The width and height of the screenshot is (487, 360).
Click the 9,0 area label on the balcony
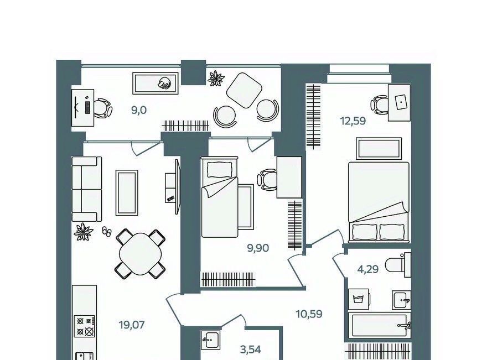coord(138,110)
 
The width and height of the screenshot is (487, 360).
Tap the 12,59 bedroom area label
coord(353,121)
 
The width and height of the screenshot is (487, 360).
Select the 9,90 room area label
coord(258,248)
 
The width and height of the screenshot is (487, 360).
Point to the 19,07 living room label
coord(132,325)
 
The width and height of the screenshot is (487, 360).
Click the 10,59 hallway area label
coord(309,314)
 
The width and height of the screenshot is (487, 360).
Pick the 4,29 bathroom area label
coord(368,269)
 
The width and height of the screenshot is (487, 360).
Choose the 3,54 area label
coord(251,349)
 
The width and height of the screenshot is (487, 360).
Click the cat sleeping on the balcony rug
coord(164,83)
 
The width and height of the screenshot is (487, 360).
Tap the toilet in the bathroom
coord(398,265)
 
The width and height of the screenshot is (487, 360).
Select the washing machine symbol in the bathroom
coord(359,300)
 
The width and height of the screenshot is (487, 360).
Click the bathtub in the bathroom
coord(379,325)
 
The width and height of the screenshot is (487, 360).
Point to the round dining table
coord(140,254)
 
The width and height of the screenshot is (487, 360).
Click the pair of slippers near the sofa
coord(106,232)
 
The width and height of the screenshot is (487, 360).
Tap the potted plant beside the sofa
coord(84,232)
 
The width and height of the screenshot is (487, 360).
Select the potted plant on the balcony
coord(216,78)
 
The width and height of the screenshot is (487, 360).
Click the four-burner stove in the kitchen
coord(85,326)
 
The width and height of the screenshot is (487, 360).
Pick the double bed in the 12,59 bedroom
coord(379,202)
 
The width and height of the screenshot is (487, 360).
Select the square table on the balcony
coord(244,90)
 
